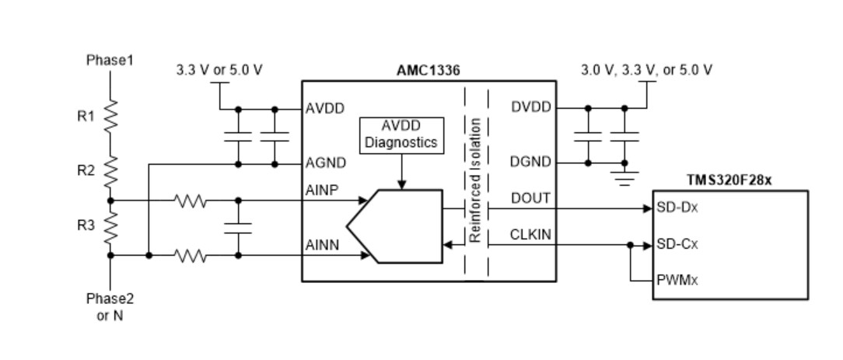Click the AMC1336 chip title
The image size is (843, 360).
coord(428,70)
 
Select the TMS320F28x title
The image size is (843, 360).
coord(729,180)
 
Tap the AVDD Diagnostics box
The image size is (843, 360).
coord(401,135)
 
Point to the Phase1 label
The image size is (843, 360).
coord(110,60)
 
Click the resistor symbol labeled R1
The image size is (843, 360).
coord(110,117)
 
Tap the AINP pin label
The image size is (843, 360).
coord(323,190)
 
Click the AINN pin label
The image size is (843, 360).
coord(323,246)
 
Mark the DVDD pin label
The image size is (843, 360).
coord(530,107)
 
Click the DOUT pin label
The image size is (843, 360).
coord(530,198)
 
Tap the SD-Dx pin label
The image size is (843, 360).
coord(677,208)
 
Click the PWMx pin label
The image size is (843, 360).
coord(677,279)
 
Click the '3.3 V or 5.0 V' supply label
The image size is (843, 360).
coord(219,70)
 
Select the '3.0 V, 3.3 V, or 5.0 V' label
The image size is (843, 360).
coord(645,70)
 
